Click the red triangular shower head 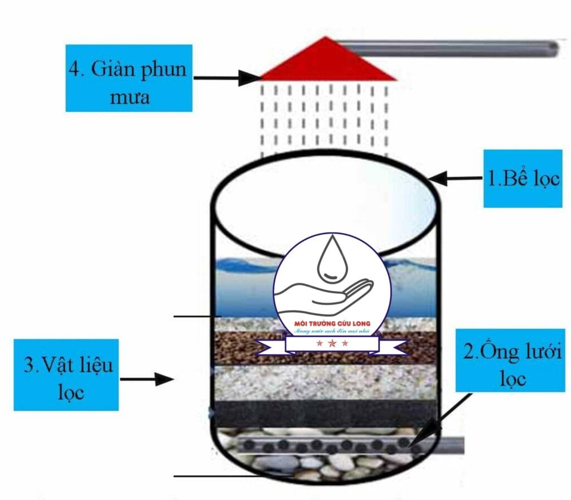[328, 63]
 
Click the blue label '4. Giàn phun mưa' [129, 78]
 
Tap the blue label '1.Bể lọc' [522, 178]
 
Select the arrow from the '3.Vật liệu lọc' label [147, 380]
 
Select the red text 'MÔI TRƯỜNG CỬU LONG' [332, 324]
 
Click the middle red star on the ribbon [332, 343]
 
